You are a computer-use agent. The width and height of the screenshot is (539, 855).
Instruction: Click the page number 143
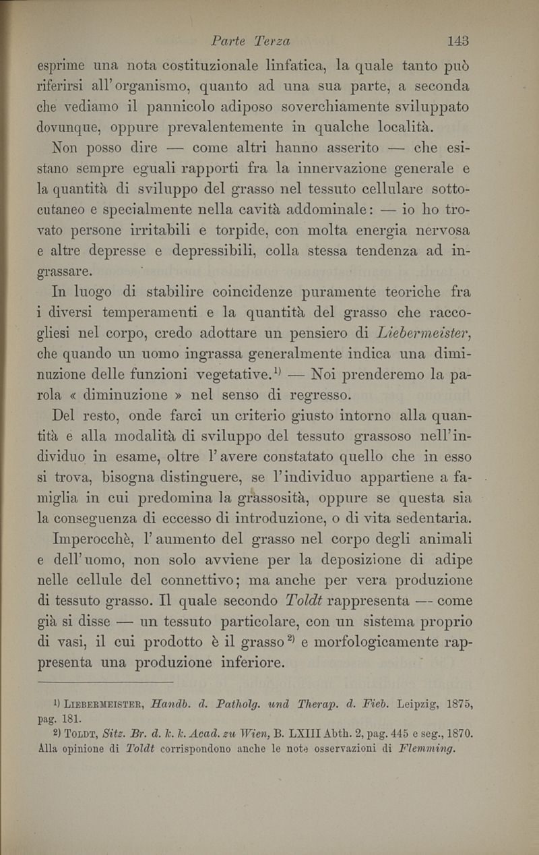(457, 40)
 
